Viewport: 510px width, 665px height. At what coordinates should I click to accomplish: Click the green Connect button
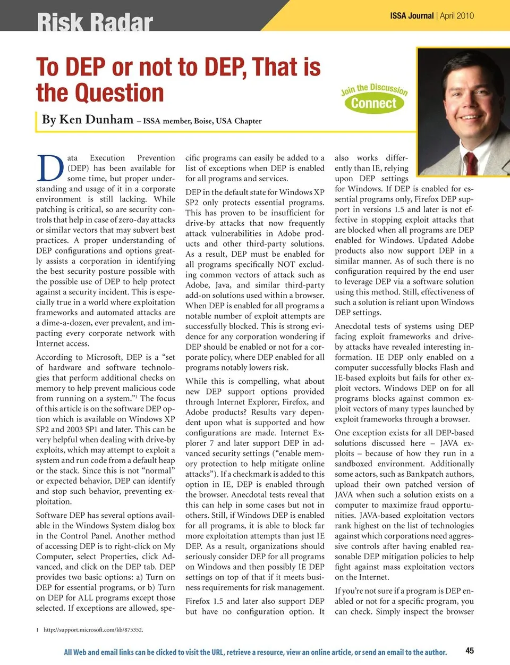[x=374, y=103]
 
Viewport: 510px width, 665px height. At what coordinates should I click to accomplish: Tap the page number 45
[x=470, y=650]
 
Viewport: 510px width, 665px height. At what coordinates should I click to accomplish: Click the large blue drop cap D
[x=50, y=169]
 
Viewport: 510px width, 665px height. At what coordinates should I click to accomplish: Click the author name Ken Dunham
[x=96, y=120]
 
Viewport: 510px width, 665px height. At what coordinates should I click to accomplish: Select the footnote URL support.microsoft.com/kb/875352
[x=93, y=630]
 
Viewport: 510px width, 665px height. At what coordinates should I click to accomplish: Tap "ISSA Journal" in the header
[x=412, y=15]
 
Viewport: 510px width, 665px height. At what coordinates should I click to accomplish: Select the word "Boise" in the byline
[x=203, y=121]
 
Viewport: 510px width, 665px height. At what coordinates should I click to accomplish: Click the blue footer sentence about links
[x=255, y=652]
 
